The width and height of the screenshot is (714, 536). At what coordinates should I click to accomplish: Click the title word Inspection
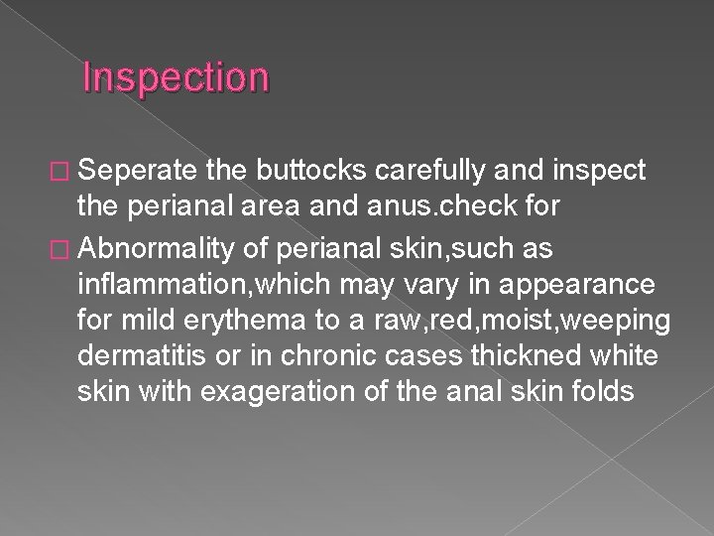(176, 77)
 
